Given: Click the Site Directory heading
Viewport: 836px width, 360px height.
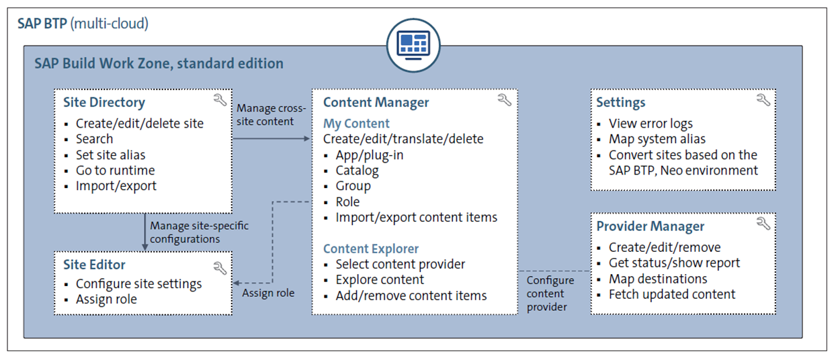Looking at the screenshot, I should tap(103, 103).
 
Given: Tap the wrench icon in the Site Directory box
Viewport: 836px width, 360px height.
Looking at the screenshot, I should tap(219, 100).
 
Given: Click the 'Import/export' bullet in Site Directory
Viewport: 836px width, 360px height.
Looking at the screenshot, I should tap(116, 185).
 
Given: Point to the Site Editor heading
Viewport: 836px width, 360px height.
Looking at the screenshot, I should tap(94, 266).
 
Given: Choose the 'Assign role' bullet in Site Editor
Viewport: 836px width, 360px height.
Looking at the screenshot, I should tap(106, 300).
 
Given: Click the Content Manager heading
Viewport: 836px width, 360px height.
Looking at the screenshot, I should tap(376, 103).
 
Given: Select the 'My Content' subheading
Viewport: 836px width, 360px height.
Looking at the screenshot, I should tap(356, 124).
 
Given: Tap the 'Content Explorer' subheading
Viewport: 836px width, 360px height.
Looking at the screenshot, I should tap(370, 249).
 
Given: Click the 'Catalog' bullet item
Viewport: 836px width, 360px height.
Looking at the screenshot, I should tap(357, 171).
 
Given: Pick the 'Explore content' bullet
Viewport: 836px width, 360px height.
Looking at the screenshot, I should tap(380, 279).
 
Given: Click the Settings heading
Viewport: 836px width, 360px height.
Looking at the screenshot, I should tap(620, 103).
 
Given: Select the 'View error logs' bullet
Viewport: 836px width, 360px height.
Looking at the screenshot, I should tap(651, 124).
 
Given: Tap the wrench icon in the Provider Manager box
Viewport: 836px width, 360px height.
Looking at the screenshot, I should tap(763, 224).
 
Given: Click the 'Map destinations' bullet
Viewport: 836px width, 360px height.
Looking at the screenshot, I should tap(657, 279).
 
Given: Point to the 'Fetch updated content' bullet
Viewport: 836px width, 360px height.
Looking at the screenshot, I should tap(672, 294).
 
